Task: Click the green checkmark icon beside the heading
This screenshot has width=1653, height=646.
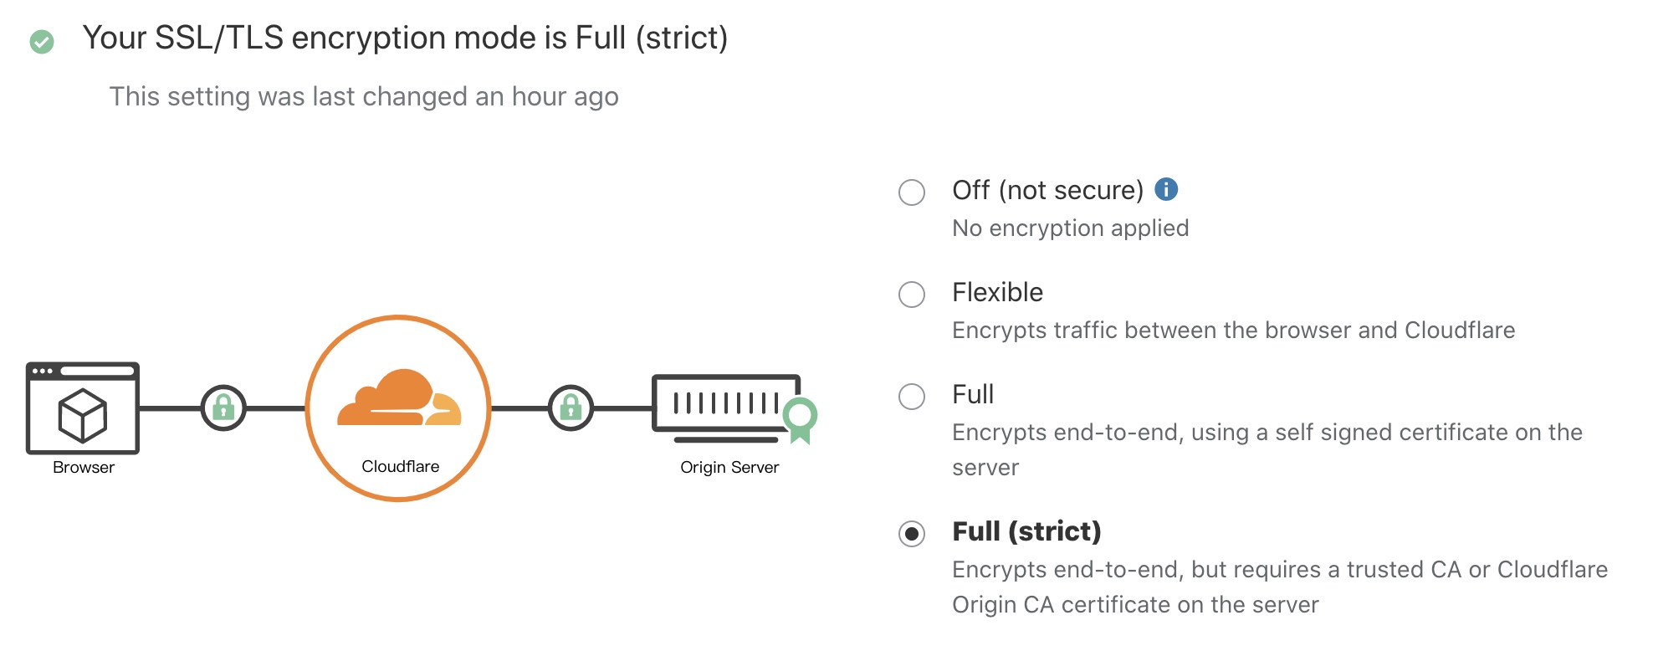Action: [x=42, y=41]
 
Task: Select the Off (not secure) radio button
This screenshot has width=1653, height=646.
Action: [x=912, y=192]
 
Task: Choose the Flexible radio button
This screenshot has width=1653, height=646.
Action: [x=912, y=295]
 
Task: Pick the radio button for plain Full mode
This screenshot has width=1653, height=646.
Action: [x=912, y=397]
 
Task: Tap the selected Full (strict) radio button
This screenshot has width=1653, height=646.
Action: [x=912, y=534]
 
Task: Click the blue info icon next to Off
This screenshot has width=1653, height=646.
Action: [x=1166, y=190]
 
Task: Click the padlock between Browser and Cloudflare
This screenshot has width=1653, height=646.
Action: [x=223, y=408]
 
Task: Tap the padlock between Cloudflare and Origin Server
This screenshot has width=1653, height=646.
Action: [x=571, y=408]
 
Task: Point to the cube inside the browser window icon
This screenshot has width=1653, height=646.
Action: [x=82, y=415]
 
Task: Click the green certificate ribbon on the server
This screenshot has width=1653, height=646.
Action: [x=801, y=418]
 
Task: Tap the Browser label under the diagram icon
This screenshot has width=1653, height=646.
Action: [x=84, y=468]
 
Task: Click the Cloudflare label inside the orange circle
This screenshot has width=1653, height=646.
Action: [x=400, y=467]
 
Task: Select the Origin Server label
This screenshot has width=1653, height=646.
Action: [x=729, y=468]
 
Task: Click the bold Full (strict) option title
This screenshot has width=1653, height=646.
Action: [x=1026, y=531]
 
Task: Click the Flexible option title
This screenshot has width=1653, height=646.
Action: [x=997, y=293]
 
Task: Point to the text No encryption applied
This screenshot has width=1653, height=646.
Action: [x=1070, y=228]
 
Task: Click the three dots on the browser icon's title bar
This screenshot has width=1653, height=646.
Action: [x=43, y=371]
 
